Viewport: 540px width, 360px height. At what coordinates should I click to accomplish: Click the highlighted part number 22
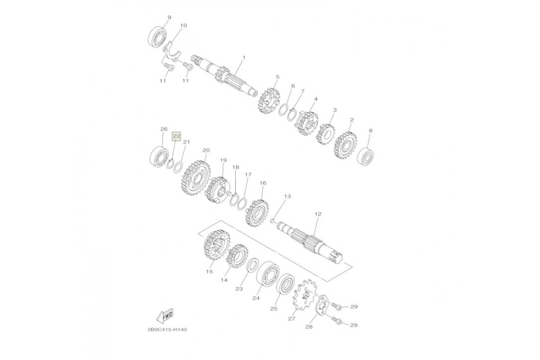[176, 136]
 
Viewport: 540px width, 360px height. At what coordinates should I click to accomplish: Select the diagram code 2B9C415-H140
[167, 329]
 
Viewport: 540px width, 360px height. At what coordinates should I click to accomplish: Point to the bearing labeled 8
[366, 157]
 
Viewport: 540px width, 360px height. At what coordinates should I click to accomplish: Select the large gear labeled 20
[195, 178]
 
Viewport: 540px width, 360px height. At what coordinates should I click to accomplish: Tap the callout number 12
[318, 214]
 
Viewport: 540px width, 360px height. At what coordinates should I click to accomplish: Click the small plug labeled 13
[272, 220]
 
